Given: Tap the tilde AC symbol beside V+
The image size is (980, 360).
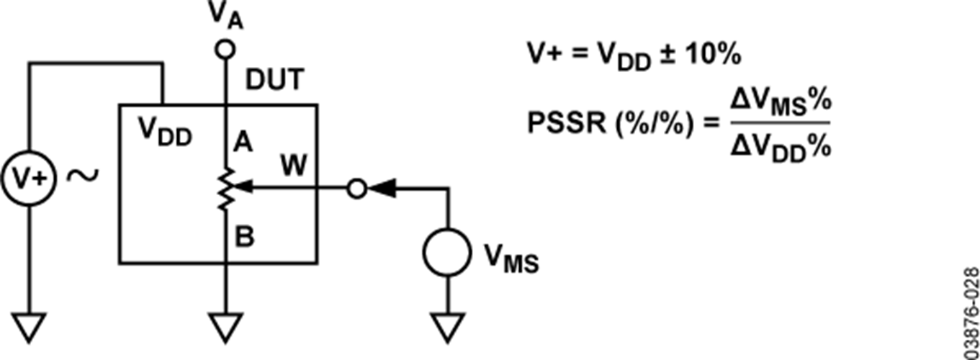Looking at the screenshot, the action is [x=83, y=176].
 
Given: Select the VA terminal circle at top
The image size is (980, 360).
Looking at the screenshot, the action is [x=225, y=50].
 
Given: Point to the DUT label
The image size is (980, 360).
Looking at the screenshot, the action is [x=275, y=80].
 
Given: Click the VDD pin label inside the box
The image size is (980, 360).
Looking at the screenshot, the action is [x=166, y=132].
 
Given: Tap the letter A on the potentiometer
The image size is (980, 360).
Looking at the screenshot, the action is [x=243, y=142].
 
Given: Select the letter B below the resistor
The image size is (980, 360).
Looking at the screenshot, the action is [x=244, y=237].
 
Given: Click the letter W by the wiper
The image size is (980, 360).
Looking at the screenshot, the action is [x=294, y=166].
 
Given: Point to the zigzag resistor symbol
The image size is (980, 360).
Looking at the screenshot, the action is [x=227, y=189].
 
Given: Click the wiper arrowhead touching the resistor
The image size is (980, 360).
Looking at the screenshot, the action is [x=243, y=186].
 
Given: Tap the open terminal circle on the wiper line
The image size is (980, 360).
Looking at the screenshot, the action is [x=357, y=189].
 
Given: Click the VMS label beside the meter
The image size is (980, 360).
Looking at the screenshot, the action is [x=511, y=259].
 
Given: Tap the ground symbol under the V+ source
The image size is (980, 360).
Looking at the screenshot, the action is [x=29, y=327].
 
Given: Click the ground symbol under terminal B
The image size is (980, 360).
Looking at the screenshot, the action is [x=226, y=327].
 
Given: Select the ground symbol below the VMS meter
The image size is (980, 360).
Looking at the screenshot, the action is [x=447, y=327].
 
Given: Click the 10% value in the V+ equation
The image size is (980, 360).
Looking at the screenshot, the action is [x=713, y=55].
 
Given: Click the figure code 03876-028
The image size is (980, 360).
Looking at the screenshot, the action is [x=971, y=313].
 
